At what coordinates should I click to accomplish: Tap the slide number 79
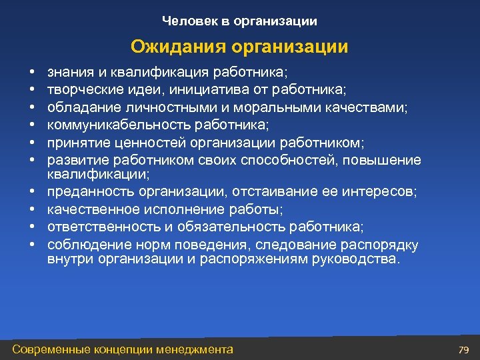tap(464, 349)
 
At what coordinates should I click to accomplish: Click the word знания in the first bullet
tap(66, 71)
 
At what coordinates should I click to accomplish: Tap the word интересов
tap(379, 192)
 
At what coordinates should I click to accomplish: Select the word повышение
tap(387, 159)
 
